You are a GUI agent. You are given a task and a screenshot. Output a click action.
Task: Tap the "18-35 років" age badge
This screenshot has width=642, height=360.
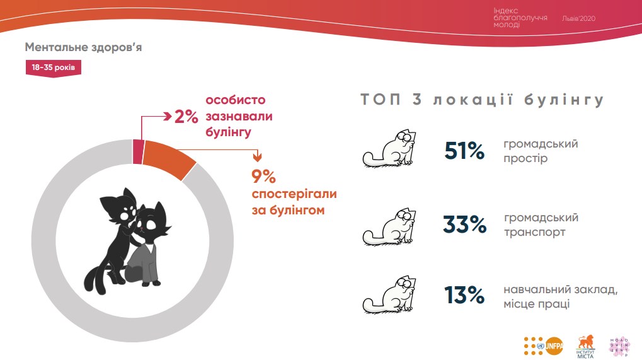(54, 67)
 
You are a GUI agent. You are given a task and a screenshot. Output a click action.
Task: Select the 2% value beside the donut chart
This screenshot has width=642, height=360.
(186, 117)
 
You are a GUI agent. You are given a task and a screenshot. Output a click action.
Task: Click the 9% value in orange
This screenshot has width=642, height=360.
(264, 177)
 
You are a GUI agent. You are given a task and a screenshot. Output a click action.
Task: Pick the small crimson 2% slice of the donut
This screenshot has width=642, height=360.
(137, 151)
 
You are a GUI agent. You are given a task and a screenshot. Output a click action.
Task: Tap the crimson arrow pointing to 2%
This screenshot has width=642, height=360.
(165, 116)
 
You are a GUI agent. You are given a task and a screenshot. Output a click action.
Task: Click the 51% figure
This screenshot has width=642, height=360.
(464, 151)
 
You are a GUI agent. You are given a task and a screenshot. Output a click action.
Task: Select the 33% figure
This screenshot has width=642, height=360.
(464, 224)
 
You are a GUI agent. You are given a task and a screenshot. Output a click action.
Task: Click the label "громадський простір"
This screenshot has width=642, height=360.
(541, 151)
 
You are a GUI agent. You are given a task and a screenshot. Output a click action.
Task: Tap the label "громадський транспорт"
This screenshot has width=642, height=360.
(541, 225)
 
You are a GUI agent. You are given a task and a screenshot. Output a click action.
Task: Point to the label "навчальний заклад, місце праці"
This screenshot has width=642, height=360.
(560, 297)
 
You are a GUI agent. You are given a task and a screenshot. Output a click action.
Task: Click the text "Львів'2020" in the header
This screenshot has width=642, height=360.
(578, 18)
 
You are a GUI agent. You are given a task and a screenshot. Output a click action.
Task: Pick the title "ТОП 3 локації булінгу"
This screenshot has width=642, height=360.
(482, 100)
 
